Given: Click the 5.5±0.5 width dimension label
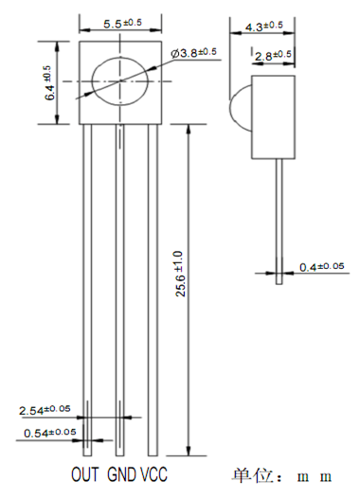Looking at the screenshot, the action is (122, 23).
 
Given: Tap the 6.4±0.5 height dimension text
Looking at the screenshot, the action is (50, 83).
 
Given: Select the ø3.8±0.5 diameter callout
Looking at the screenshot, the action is (193, 52).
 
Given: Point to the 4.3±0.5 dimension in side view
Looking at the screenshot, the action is (263, 27).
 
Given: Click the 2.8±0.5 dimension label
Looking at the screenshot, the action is (273, 55).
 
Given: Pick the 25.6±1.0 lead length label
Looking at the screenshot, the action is (180, 274).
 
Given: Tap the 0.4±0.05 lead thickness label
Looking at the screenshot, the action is (321, 266).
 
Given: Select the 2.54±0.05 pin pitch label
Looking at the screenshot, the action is (45, 410).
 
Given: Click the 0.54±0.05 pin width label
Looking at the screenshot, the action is (50, 433).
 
